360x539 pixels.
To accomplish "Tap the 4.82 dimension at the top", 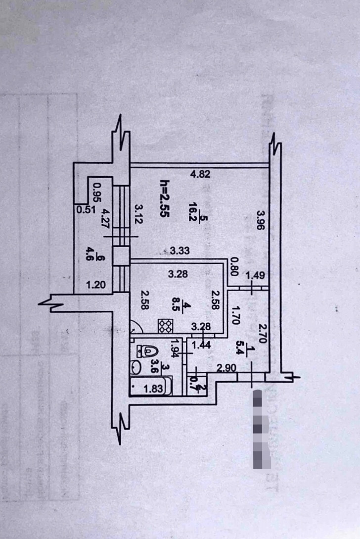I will click(x=201, y=174).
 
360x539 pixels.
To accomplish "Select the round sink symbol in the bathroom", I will click(x=136, y=367).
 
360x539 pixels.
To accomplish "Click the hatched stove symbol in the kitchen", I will click(x=165, y=325).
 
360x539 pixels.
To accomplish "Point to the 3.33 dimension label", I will click(x=179, y=251).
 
